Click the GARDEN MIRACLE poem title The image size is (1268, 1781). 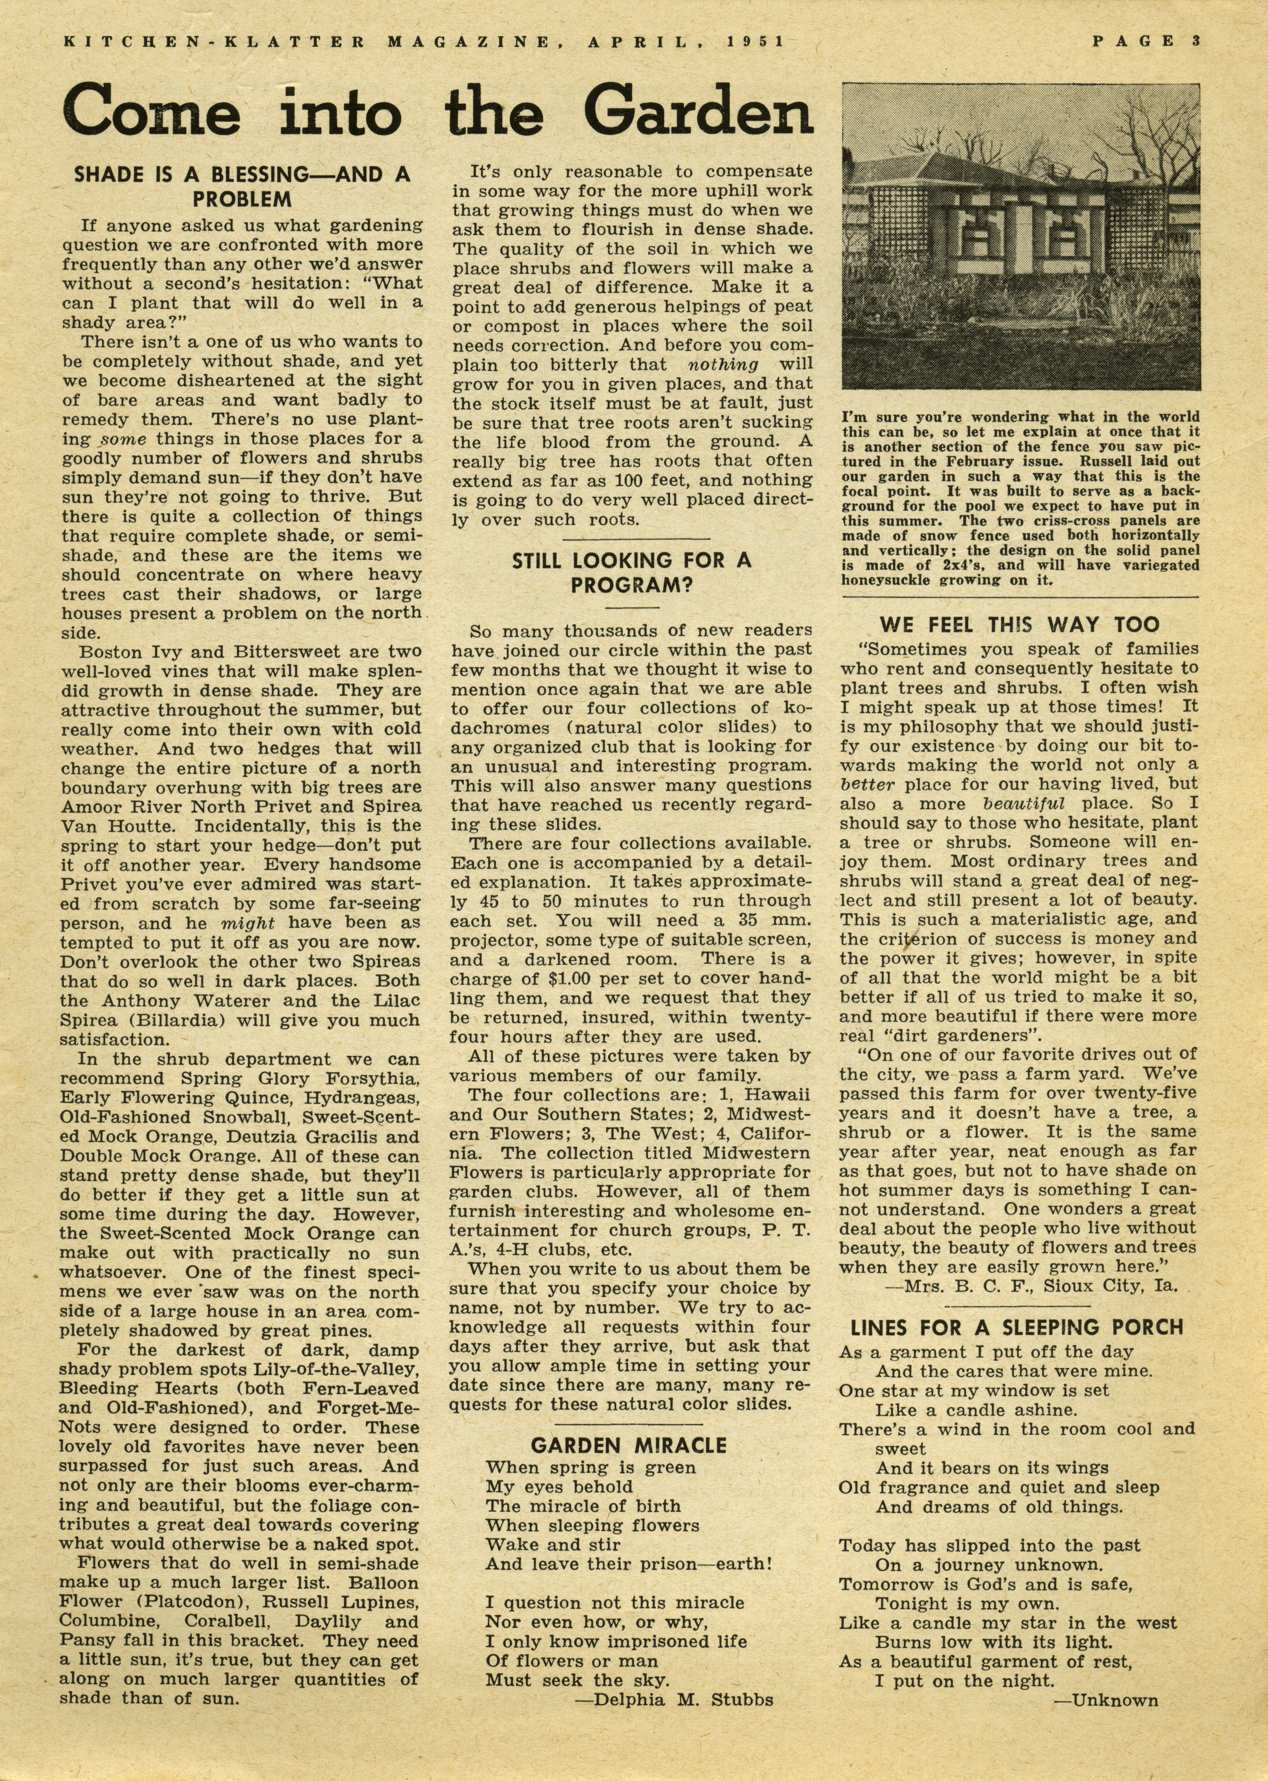pyautogui.click(x=629, y=1445)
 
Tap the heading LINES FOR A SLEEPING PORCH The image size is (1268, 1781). pyautogui.click(x=1017, y=1327)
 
